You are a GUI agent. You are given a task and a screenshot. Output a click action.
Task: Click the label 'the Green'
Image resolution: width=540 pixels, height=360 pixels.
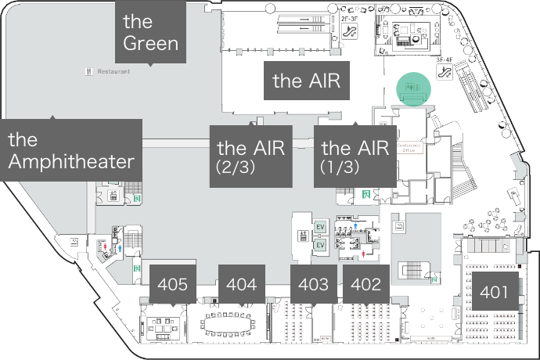coord(151,31)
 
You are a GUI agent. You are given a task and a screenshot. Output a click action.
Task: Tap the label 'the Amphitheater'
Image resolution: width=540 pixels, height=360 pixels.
coord(71,150)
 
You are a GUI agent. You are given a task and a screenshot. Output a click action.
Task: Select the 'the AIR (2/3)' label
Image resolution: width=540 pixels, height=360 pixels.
coord(250,156)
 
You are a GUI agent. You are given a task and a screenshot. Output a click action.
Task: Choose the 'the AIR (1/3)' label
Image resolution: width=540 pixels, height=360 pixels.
coord(355,156)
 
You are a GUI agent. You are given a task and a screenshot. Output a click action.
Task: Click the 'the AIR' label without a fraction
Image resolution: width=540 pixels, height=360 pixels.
coord(306,80)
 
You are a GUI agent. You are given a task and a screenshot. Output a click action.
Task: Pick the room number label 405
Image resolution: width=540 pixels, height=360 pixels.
coord(172,285)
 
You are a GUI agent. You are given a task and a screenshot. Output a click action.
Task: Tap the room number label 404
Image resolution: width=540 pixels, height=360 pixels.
coord(241,285)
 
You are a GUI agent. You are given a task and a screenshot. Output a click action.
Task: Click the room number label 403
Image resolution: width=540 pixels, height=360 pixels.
coord(314,285)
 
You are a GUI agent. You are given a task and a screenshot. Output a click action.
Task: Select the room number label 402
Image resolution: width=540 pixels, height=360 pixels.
coord(366,285)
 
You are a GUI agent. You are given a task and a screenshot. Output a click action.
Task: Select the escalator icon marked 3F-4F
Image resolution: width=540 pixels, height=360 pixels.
coord(445,72)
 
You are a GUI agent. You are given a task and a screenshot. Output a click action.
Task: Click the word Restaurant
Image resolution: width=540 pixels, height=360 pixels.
coord(113,71)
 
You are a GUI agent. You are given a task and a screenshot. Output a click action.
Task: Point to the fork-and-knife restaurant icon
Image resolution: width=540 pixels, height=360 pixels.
coord(89,71)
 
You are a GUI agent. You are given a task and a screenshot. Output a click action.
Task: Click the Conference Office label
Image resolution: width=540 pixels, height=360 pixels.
coord(409,147)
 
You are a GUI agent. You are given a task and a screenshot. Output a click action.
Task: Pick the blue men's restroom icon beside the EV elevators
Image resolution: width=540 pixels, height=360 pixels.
coord(355,225)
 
